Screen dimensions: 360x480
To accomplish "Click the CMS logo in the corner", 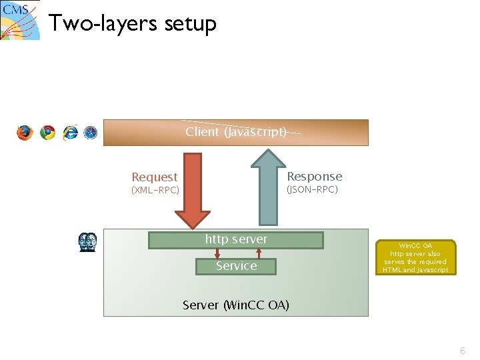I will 20,20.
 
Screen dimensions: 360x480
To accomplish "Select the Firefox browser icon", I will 25,133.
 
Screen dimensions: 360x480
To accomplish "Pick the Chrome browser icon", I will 47,133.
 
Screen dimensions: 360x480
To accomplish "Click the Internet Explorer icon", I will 70,133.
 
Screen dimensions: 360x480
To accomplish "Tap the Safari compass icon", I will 91,133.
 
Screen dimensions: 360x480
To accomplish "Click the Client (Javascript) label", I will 236,132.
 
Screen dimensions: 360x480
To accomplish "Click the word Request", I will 154,177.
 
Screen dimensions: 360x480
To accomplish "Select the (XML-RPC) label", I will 155,191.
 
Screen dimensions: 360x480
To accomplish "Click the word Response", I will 314,177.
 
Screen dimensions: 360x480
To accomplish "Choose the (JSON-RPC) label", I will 312,190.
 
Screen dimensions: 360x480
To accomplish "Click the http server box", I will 236,239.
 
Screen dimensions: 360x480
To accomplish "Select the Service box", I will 236,266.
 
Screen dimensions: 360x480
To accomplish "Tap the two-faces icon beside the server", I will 88,242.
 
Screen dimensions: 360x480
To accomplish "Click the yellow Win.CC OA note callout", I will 415,257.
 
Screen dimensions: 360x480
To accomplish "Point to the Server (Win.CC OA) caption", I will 236,305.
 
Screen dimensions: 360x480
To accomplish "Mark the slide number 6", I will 463,351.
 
